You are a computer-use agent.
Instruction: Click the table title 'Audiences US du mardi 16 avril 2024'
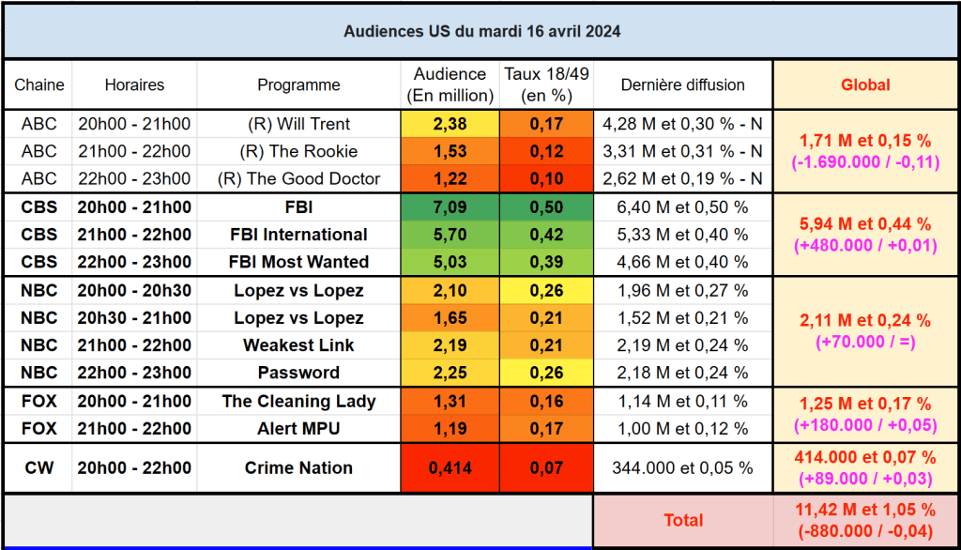[480, 31]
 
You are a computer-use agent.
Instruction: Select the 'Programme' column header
[298, 84]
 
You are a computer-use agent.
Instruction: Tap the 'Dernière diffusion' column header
[682, 84]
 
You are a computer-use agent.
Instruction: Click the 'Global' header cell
[865, 84]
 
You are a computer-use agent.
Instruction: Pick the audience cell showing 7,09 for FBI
[450, 207]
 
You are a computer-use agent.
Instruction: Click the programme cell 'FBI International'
[298, 235]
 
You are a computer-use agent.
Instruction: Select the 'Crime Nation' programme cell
[298, 467]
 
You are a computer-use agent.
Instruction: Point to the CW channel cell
[38, 467]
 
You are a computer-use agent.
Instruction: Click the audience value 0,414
[450, 467]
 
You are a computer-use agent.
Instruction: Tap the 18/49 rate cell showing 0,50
[546, 207]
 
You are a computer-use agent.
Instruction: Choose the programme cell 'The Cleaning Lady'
[298, 401]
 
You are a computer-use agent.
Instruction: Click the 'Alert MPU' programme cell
[298, 429]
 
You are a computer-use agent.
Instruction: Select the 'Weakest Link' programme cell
[298, 345]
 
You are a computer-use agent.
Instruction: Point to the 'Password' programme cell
[298, 373]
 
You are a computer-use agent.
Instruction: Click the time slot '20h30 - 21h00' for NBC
[134, 318]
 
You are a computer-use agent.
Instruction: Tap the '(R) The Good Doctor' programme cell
[298, 178]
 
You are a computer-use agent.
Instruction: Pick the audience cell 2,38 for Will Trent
[450, 124]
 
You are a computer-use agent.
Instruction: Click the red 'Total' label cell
[682, 520]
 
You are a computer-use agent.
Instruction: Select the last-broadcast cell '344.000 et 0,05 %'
[682, 467]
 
